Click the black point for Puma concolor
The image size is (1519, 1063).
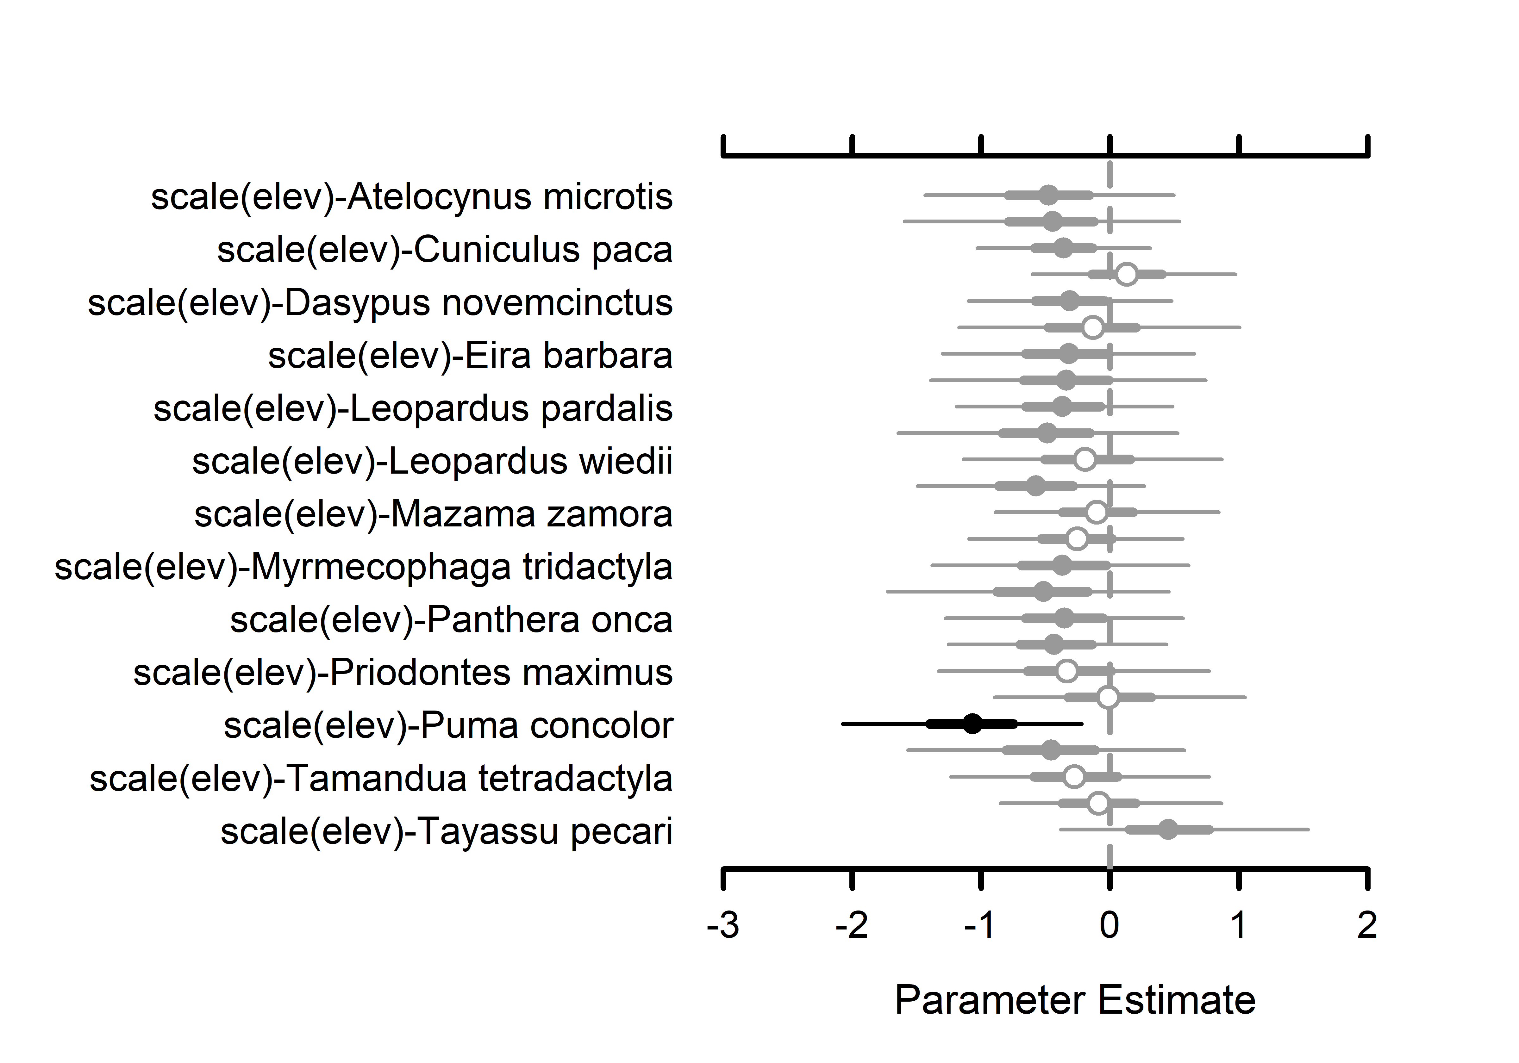(972, 724)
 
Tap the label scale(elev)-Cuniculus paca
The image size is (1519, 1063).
(445, 250)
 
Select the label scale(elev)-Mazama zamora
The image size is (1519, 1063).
(433, 515)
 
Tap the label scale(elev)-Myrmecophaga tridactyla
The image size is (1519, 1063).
(363, 568)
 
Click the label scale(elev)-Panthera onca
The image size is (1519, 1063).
(451, 620)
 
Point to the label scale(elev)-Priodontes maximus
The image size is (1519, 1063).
(403, 673)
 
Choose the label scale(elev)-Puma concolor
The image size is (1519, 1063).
(448, 726)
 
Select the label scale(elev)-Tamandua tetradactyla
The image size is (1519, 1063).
(381, 779)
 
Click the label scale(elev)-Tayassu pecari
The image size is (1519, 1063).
(447, 832)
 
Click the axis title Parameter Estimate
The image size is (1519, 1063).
(1075, 1000)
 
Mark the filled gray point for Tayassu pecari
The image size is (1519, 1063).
(1168, 830)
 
